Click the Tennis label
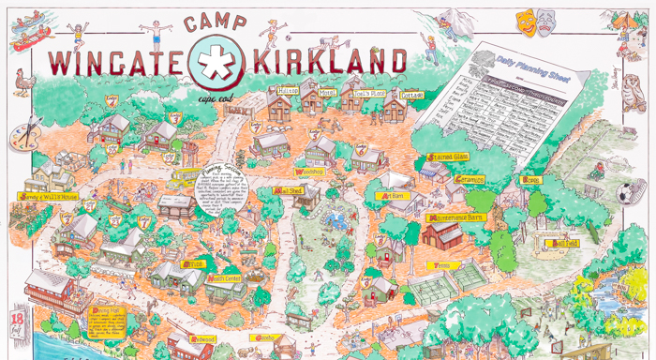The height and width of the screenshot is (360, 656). (438, 265)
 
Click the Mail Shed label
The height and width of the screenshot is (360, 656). (287, 190)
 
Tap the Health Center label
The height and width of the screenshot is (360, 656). (225, 278)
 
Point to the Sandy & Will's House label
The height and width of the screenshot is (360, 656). (45, 196)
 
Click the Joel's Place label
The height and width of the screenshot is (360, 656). (356, 94)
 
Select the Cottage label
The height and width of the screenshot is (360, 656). (411, 95)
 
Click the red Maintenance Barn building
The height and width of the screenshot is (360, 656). (442, 234)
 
